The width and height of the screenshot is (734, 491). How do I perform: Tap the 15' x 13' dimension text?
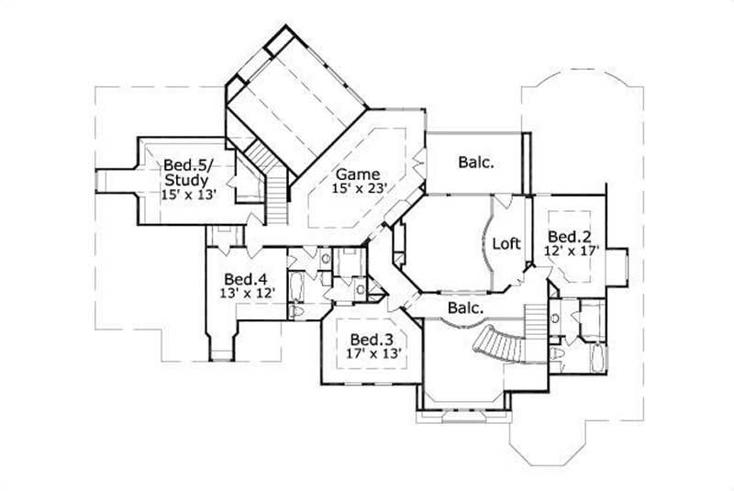pyautogui.click(x=187, y=194)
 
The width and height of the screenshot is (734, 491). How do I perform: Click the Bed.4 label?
pyautogui.click(x=246, y=279)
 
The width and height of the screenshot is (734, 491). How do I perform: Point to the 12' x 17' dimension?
pyautogui.click(x=572, y=249)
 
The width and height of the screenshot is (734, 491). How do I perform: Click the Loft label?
pyautogui.click(x=507, y=244)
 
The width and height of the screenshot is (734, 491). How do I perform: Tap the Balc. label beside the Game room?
pyautogui.click(x=475, y=162)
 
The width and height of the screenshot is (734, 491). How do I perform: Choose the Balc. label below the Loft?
pyautogui.click(x=465, y=307)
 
